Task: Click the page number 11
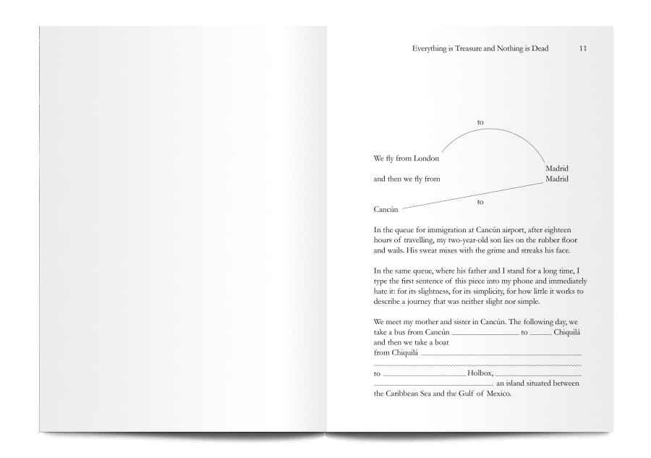(x=583, y=48)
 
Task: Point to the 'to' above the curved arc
(x=480, y=122)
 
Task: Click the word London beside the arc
(x=426, y=158)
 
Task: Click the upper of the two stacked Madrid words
(x=556, y=169)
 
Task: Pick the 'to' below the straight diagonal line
(x=480, y=202)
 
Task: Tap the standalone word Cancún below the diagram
(x=386, y=209)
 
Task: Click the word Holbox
(x=480, y=373)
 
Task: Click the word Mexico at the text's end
(x=495, y=394)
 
